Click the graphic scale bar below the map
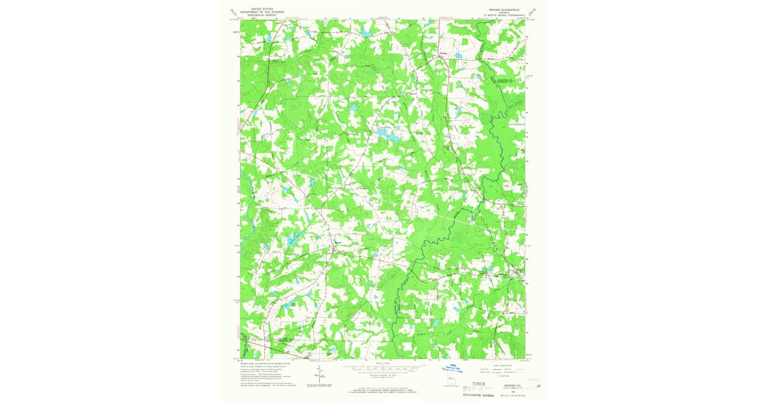point(383,369)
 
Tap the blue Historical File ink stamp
point(454,369)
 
